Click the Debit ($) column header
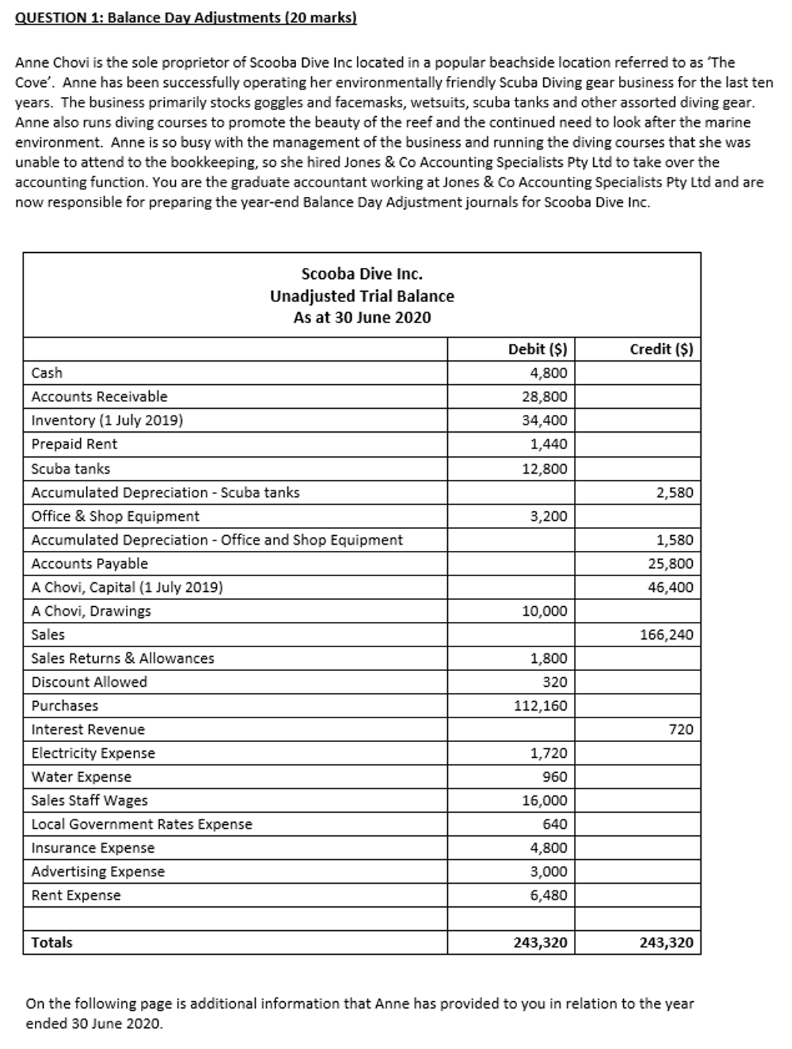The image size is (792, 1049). pos(538,349)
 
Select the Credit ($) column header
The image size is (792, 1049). pos(661,349)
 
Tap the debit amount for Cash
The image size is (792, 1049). pos(549,373)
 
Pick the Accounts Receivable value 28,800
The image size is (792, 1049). pos(544,397)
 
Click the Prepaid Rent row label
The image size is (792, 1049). pos(75,444)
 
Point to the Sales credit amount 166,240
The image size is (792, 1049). pos(666,635)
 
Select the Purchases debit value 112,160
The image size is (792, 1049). pos(540,706)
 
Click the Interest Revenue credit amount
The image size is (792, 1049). pos(681,730)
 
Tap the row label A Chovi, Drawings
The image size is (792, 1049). pos(91,611)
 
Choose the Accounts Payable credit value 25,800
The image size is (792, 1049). pos(670,564)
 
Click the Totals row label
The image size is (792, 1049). pos(52,943)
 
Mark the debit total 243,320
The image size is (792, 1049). pos(540,943)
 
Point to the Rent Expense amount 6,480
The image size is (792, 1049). pos(549,895)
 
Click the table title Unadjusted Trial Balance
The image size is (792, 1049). pos(362,297)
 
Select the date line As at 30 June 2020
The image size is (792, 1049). pos(362,318)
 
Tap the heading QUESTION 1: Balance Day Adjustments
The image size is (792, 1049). pos(185,17)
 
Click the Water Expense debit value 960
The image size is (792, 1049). pos(554,777)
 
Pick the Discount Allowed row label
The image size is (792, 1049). pos(89,682)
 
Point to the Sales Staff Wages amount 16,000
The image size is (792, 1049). pos(544,801)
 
